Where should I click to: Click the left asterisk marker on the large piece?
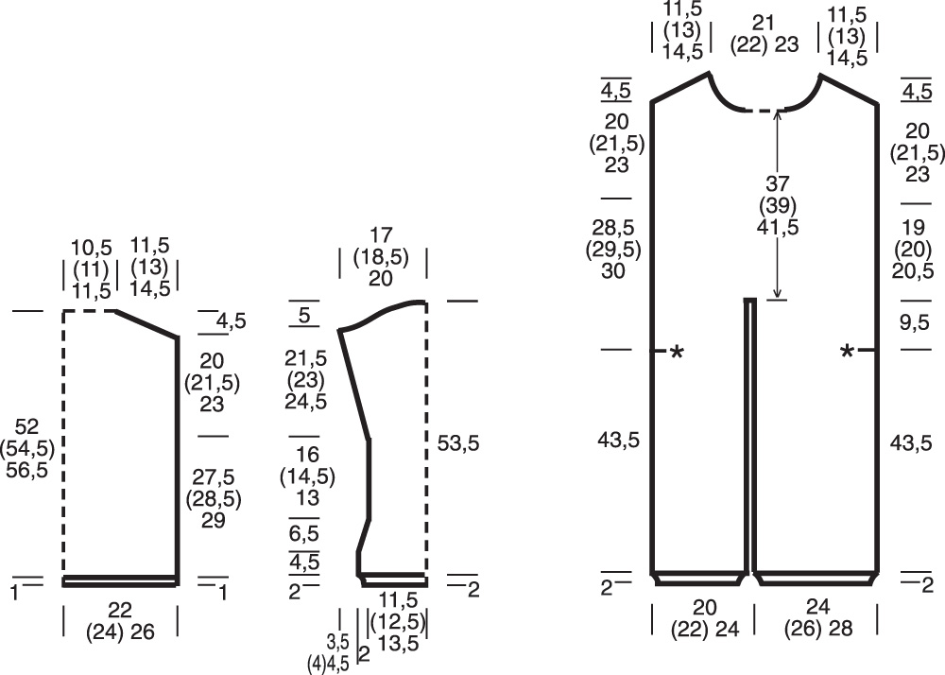click(677, 352)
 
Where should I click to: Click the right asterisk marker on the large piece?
click(848, 351)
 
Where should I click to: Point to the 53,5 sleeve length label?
click(458, 443)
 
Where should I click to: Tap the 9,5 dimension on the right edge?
click(914, 323)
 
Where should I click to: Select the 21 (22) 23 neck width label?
click(765, 34)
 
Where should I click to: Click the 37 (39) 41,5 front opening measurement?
click(778, 205)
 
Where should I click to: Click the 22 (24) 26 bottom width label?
click(120, 620)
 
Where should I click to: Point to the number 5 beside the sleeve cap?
click(304, 315)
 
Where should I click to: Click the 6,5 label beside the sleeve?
click(304, 533)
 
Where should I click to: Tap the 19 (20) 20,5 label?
click(913, 249)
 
